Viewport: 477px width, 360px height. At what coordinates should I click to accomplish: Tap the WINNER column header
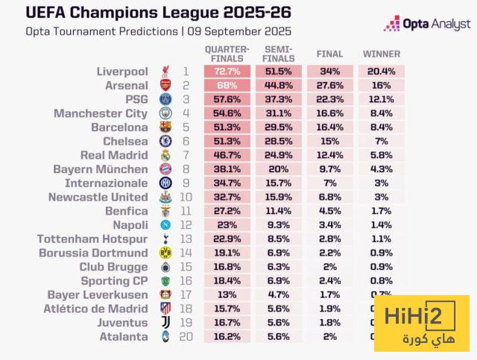tap(381, 54)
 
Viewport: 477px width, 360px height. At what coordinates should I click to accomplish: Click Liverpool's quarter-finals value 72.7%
tap(227, 72)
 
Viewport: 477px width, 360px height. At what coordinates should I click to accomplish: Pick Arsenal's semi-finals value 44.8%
tap(279, 86)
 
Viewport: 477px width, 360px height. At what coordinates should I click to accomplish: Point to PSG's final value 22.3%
tap(329, 99)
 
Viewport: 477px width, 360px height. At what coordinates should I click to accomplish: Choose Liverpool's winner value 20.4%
tap(381, 72)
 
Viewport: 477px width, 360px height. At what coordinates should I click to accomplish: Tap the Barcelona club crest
tap(165, 127)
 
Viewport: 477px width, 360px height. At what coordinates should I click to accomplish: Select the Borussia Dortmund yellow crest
tap(165, 253)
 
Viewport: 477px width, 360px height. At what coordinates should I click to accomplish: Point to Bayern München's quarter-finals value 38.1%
tap(227, 169)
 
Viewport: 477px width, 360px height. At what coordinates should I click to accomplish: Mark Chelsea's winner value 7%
tap(381, 142)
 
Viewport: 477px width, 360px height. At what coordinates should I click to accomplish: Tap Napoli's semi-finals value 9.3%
tap(279, 225)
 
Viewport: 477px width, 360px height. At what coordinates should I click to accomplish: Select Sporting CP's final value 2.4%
tap(329, 281)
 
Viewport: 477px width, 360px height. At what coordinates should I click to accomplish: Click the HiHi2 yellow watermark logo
tap(421, 322)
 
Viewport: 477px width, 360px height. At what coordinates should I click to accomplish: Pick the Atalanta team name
tap(127, 337)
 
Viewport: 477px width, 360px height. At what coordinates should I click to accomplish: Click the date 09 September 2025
tap(240, 32)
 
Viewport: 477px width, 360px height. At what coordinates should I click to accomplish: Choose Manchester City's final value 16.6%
tap(329, 113)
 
